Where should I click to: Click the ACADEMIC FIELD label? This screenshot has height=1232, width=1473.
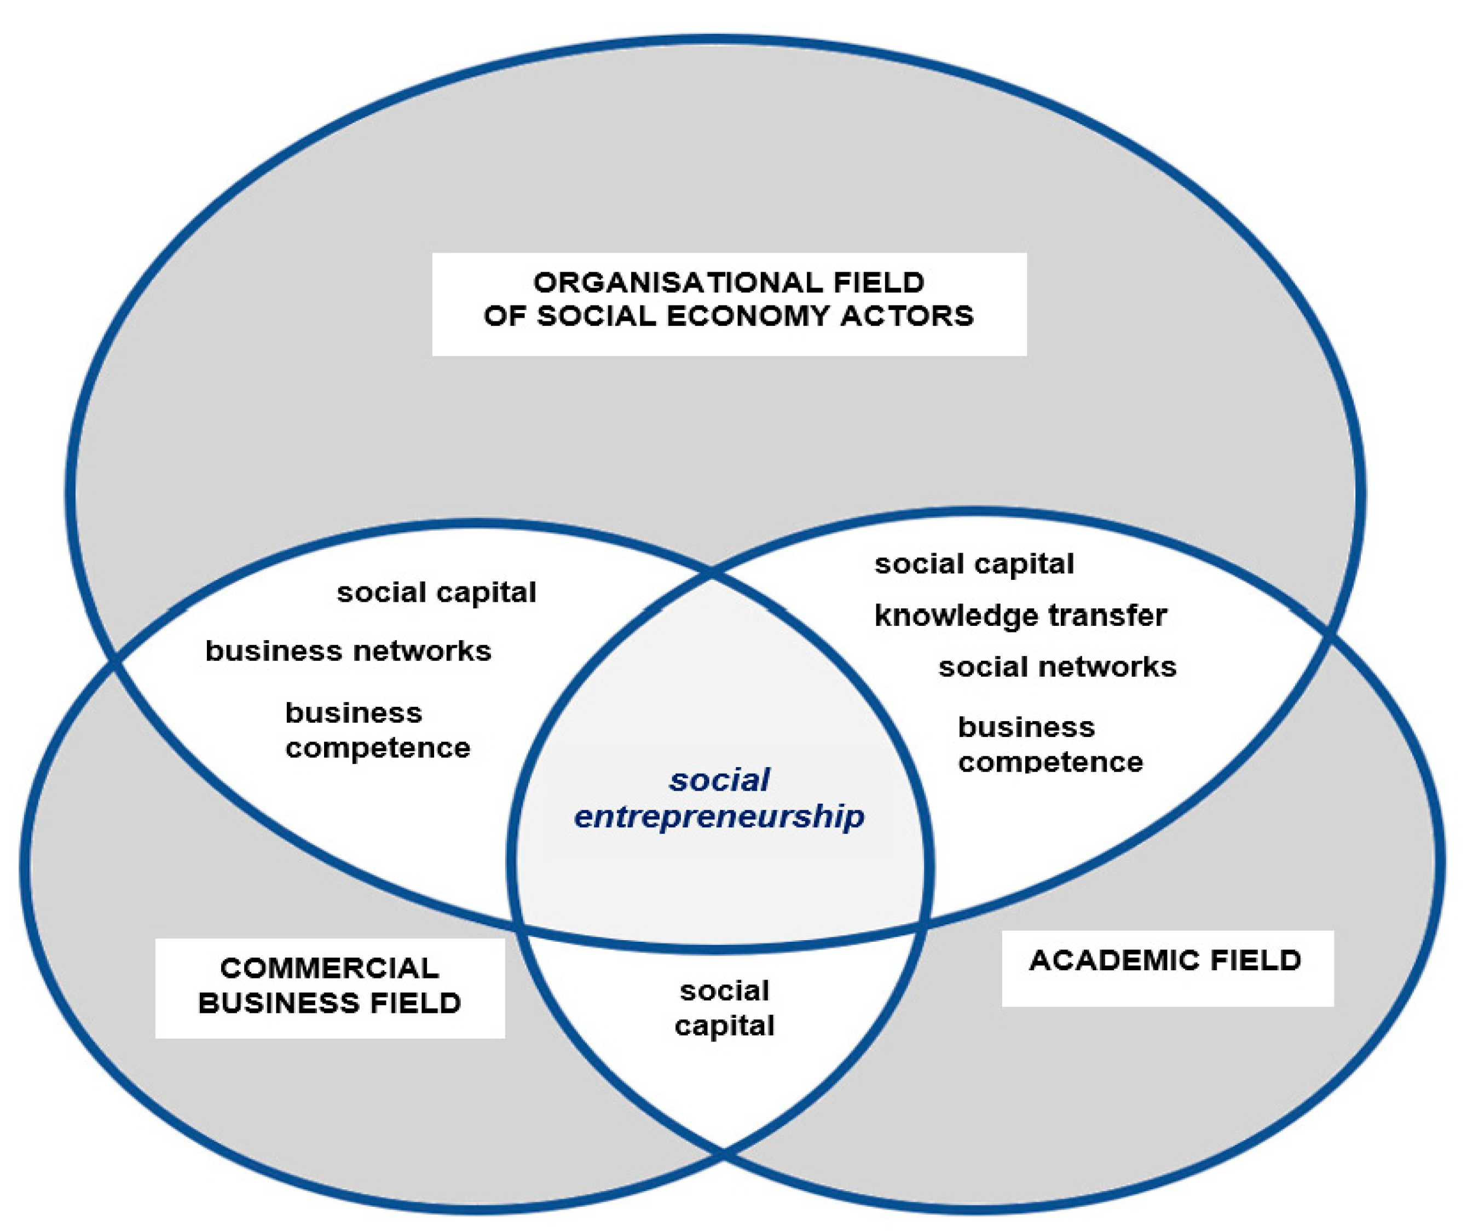[1165, 960]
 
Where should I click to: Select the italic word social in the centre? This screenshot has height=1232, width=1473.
[719, 781]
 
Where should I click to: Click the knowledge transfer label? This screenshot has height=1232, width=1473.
[1020, 616]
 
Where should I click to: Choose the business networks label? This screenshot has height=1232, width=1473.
[348, 651]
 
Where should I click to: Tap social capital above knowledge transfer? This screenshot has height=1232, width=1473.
[974, 564]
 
